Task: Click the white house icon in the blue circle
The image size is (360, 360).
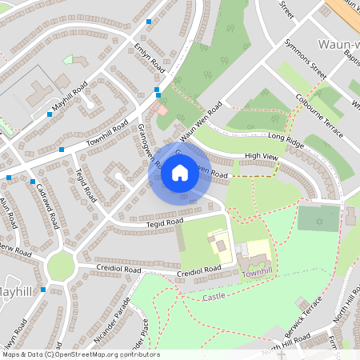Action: pos(180,172)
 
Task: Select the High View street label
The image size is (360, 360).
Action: pos(261,155)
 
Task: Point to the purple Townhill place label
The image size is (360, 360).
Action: pos(258,274)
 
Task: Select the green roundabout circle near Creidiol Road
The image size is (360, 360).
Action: pos(61,266)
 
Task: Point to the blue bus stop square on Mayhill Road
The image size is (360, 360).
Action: pos(50,114)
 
